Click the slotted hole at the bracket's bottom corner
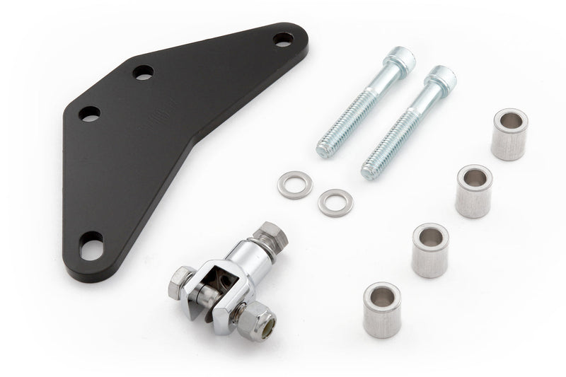coord(92,247)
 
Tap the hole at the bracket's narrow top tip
coord(284,39)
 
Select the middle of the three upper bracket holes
coord(143,72)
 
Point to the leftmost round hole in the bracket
coord(90,113)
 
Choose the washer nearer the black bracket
coord(295,185)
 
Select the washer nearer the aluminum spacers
coord(335,202)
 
